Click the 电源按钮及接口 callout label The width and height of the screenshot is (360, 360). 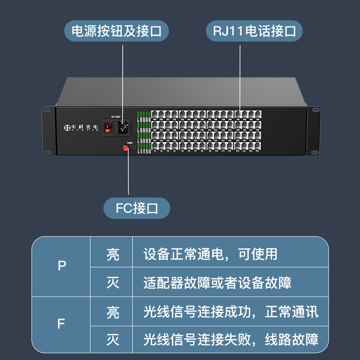coord(120,31)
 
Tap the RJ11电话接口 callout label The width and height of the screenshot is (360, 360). coord(254,31)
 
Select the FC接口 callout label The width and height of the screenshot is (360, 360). coord(137,209)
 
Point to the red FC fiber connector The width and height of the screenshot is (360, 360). coord(126,148)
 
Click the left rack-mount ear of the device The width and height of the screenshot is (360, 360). coord(47,130)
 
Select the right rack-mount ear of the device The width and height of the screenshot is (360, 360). coord(313,130)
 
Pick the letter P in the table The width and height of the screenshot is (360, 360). coord(62,266)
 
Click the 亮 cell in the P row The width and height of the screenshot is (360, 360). coord(112,254)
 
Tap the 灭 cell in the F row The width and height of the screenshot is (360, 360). coord(112,339)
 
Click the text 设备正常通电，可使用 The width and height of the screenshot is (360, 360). coord(210,254)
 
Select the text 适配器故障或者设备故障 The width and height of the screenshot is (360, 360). coord(217,283)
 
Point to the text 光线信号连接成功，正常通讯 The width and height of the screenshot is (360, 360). coord(231,311)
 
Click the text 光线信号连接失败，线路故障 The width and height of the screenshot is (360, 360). coord(231,339)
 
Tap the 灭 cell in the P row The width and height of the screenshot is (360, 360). coord(112,283)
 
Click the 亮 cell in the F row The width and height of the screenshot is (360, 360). coord(112,311)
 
